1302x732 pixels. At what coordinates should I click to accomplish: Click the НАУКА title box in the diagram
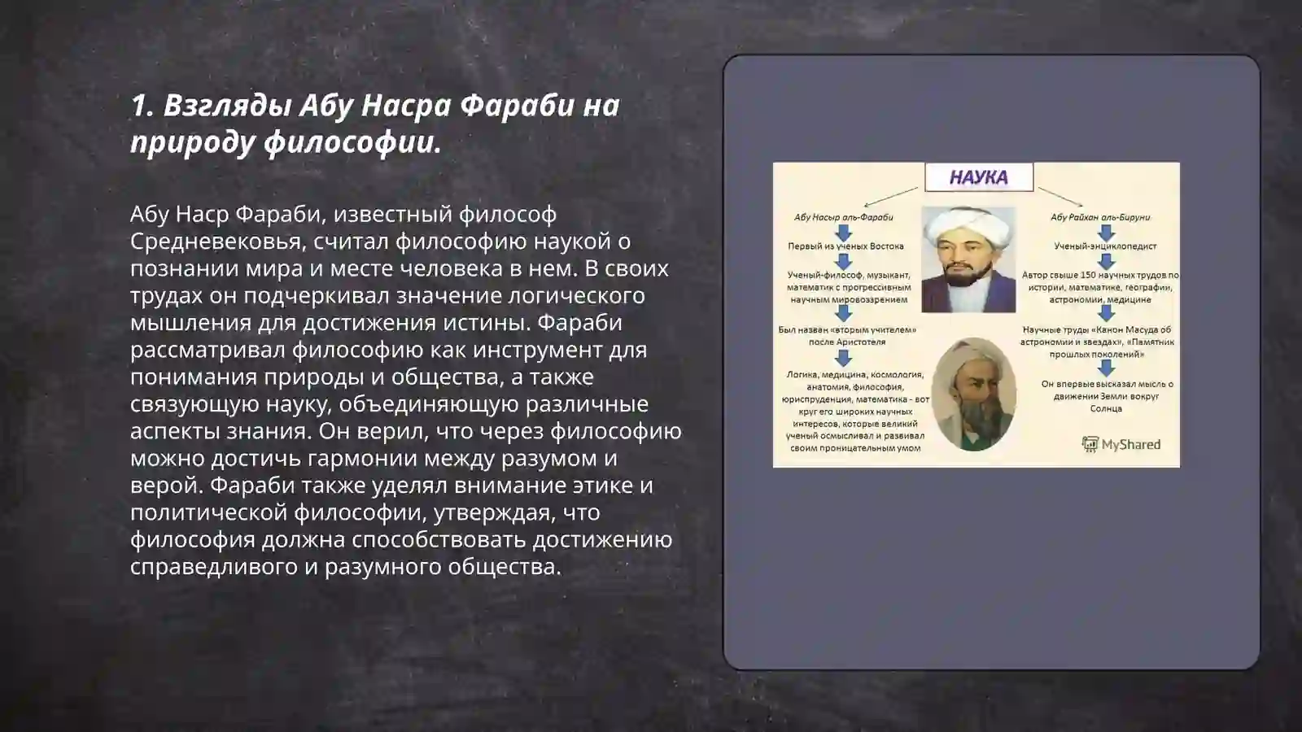click(x=978, y=176)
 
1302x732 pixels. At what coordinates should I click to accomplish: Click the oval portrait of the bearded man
click(x=972, y=394)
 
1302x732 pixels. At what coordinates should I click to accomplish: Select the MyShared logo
click(x=1121, y=444)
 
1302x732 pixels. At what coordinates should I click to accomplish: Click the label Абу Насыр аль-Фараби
click(x=843, y=217)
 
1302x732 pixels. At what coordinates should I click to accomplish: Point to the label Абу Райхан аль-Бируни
click(x=1100, y=217)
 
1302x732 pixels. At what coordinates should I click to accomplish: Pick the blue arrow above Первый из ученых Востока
click(x=844, y=232)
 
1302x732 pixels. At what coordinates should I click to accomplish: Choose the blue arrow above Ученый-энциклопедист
click(x=1105, y=232)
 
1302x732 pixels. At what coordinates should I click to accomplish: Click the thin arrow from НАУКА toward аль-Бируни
click(x=1060, y=197)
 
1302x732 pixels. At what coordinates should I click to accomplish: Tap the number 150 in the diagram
click(x=1088, y=275)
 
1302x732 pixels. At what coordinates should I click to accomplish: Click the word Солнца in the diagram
click(x=1106, y=408)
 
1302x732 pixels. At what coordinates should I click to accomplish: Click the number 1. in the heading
click(x=142, y=105)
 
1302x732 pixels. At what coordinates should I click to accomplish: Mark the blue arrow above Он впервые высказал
click(x=1105, y=368)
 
